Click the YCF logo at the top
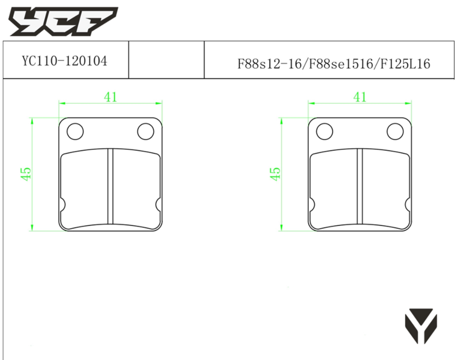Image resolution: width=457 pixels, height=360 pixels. (63, 22)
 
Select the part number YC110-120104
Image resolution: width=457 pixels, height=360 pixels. (65, 61)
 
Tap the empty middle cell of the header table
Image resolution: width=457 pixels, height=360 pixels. (166, 60)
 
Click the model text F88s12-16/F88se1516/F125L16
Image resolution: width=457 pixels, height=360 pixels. (334, 64)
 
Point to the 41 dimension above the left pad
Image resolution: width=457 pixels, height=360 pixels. (110, 97)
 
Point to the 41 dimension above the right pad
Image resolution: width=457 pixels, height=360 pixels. (360, 97)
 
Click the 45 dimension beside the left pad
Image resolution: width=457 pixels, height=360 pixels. (26, 174)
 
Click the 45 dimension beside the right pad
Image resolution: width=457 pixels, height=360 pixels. (275, 174)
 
